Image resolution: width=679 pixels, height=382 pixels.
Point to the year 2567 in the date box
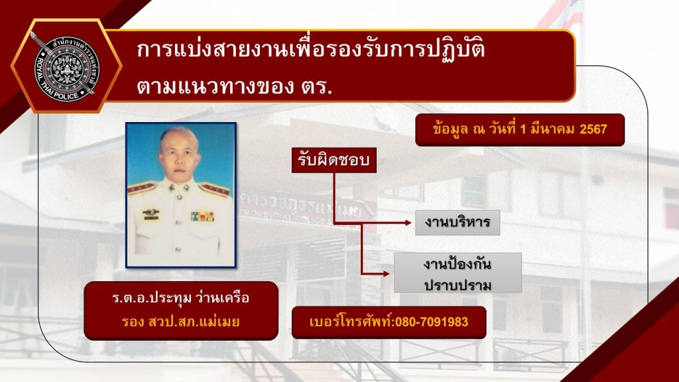593,129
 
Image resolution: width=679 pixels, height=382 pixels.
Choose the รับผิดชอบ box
334,160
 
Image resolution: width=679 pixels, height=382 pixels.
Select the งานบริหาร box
458,223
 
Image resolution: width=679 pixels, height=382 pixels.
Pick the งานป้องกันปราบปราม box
458,273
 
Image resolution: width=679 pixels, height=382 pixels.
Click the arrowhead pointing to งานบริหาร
408,223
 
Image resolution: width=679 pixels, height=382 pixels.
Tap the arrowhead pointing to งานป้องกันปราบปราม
387,274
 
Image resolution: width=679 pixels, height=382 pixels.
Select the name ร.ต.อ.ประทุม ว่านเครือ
180,298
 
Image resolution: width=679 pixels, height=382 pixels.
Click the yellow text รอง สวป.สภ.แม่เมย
180,322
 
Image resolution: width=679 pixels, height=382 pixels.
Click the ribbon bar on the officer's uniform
203,216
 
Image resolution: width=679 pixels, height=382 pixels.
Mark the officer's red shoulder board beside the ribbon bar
214,189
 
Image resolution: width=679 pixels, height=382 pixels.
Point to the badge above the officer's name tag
151,212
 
